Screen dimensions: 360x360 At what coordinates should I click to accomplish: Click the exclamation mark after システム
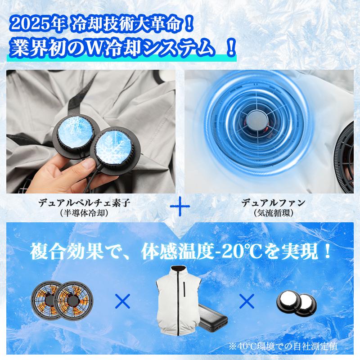[x=230, y=47]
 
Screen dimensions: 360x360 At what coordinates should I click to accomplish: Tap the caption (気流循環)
[x=274, y=213]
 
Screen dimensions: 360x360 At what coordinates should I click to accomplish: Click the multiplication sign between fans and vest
[x=120, y=301]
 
